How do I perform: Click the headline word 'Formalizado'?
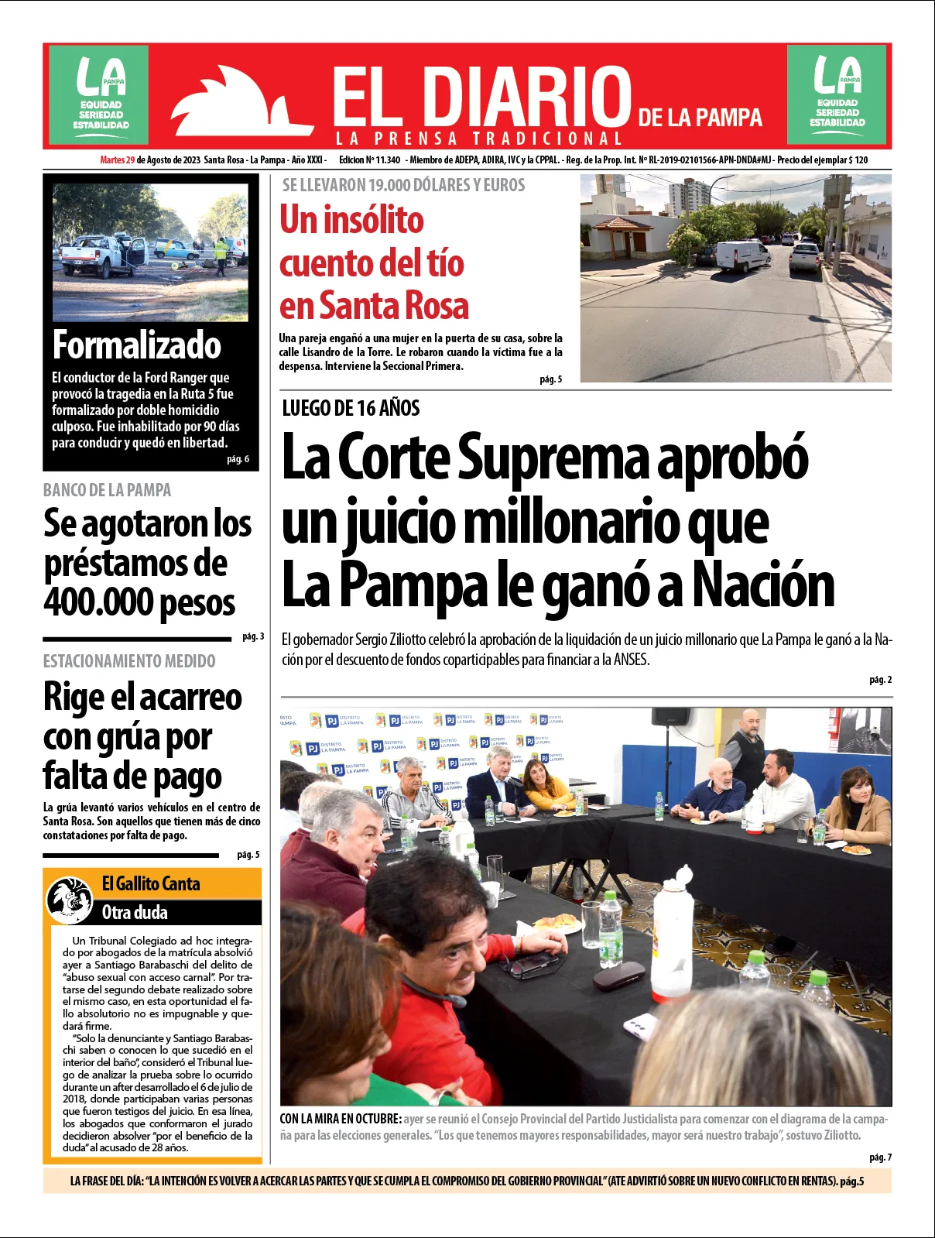tap(137, 345)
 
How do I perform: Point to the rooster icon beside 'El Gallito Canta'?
tap(70, 900)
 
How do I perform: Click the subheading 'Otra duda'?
tap(135, 912)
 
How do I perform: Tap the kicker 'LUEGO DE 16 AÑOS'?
tap(351, 408)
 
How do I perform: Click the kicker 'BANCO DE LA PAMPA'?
tap(107, 490)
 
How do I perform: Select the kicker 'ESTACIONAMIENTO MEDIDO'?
tap(129, 661)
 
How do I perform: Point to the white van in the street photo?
tap(741, 256)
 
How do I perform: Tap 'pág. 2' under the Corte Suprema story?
tap(880, 680)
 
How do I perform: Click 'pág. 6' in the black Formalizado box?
tap(238, 459)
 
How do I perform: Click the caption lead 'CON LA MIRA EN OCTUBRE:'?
tap(341, 1119)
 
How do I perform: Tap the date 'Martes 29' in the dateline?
tap(118, 160)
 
